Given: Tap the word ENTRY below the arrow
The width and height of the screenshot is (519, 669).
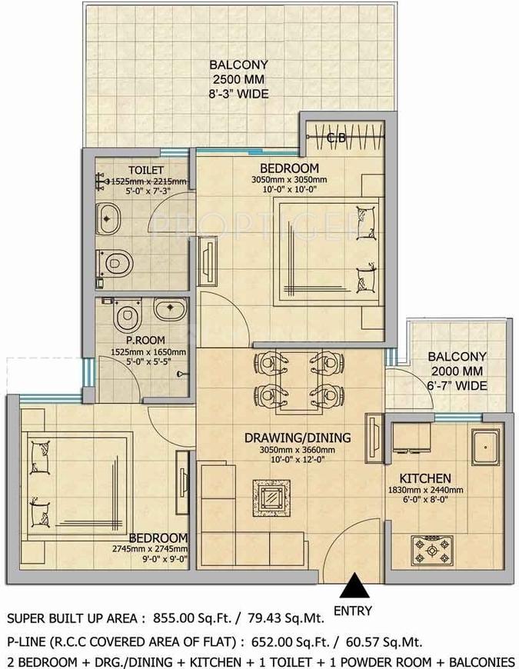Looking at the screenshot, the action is (353, 611).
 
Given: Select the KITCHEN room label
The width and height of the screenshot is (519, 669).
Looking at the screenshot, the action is (424, 478).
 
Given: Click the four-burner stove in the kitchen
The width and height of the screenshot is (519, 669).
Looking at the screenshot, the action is (431, 549).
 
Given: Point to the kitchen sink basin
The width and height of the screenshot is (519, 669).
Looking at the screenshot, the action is (485, 447).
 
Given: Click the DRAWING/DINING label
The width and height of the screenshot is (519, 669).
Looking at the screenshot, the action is (298, 438).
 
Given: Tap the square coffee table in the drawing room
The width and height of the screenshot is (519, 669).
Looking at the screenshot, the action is (271, 498).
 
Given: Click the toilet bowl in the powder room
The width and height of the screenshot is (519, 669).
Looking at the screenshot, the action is (126, 314).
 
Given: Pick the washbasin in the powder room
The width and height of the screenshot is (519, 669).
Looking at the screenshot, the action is (170, 309).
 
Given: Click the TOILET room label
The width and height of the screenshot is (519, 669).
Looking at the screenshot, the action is (146, 170).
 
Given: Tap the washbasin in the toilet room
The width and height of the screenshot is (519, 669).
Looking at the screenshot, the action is (108, 219).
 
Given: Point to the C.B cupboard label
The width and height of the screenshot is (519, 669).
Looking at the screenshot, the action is (337, 138).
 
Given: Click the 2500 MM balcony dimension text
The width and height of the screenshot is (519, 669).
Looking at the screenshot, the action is (238, 79).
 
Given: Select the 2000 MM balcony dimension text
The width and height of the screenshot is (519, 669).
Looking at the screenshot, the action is (457, 371).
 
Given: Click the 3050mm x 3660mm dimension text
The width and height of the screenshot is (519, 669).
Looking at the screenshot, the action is (298, 450).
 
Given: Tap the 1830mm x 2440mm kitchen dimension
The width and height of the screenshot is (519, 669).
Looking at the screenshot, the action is (425, 491).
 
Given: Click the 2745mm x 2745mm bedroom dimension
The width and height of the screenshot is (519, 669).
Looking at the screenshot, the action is (150, 549).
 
